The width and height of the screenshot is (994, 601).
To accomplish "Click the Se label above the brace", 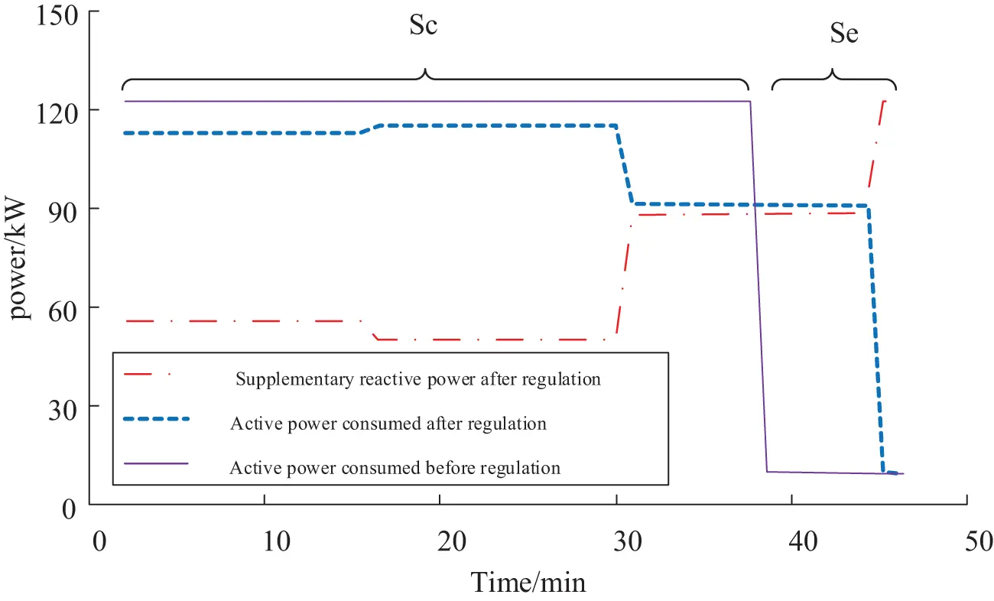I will point(843,34).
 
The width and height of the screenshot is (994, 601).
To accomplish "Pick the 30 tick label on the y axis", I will point(59,406).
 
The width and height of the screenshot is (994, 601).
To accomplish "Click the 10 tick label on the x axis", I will point(265,540).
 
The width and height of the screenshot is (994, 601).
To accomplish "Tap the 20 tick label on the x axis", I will point(441,540).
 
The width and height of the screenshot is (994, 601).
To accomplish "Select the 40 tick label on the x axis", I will point(792,540).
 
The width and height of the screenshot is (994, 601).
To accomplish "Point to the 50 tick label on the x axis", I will point(968,540).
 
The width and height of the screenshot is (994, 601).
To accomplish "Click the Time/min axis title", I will point(528,583).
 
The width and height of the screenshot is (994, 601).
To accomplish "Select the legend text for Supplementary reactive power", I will point(418,379).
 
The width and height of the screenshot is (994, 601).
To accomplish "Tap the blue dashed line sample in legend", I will point(156,418).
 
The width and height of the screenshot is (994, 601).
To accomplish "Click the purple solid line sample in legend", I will point(156,463).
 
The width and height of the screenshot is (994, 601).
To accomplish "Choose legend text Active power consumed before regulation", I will point(395,467).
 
